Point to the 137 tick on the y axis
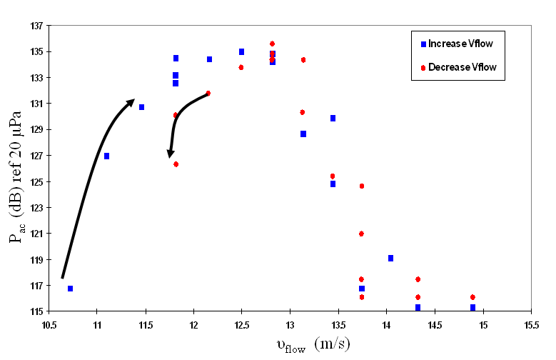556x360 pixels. click(34, 26)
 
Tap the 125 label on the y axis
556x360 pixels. click(34, 181)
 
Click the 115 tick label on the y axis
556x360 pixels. click(34, 311)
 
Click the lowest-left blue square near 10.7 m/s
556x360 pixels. click(70, 289)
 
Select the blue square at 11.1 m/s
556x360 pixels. click(106, 156)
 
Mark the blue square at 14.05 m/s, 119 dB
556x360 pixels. click(390, 258)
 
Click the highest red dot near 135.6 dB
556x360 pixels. click(272, 44)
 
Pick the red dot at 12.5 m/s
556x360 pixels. click(241, 67)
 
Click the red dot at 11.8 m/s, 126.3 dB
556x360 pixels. click(176, 164)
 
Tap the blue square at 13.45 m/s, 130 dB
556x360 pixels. click(333, 118)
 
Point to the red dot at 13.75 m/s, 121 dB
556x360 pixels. click(361, 234)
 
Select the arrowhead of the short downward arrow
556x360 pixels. click(171, 154)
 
